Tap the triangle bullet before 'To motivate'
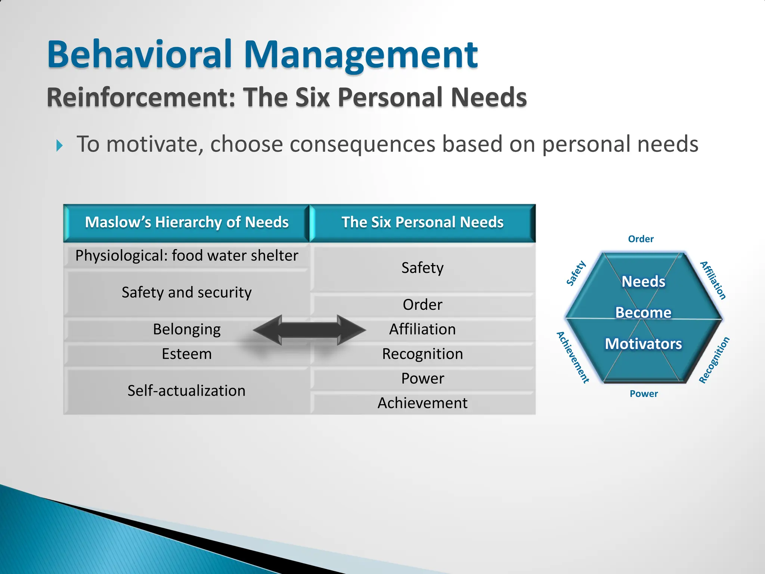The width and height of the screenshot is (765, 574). pyautogui.click(x=59, y=145)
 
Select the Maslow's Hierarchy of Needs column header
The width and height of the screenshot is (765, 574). pyautogui.click(x=186, y=223)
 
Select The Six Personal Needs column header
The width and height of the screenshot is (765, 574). pyautogui.click(x=422, y=223)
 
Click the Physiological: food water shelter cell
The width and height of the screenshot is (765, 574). pyautogui.click(x=186, y=256)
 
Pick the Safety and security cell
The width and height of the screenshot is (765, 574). pyautogui.click(x=186, y=293)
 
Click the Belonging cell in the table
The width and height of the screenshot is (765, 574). pyautogui.click(x=186, y=330)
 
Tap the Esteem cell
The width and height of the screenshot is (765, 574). pyautogui.click(x=186, y=354)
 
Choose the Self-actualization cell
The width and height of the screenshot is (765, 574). pyautogui.click(x=186, y=391)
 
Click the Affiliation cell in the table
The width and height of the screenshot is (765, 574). pyautogui.click(x=422, y=330)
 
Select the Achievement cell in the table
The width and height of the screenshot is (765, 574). pyautogui.click(x=422, y=403)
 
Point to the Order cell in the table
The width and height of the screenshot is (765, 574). pyautogui.click(x=422, y=305)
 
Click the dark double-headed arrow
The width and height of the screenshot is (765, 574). pyautogui.click(x=309, y=330)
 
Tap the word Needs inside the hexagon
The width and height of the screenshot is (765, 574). pyautogui.click(x=643, y=281)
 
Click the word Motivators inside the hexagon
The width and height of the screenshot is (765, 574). pyautogui.click(x=643, y=344)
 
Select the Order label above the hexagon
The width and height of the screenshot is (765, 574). pyautogui.click(x=641, y=239)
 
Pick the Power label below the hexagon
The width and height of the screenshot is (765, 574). pyautogui.click(x=644, y=394)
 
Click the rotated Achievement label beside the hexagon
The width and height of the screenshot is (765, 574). pyautogui.click(x=573, y=357)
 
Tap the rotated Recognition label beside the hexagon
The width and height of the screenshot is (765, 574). pyautogui.click(x=714, y=360)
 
